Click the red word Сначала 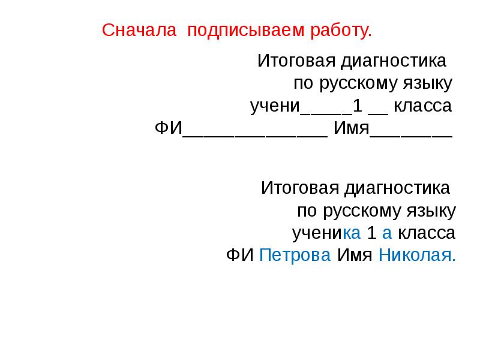click(139, 30)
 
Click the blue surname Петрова click(295, 255)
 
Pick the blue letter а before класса click(386, 233)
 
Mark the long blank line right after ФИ click(254, 133)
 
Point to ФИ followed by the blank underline click(168, 128)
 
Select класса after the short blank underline click(423, 106)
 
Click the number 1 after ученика click(371, 233)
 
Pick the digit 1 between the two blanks click(358, 106)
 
